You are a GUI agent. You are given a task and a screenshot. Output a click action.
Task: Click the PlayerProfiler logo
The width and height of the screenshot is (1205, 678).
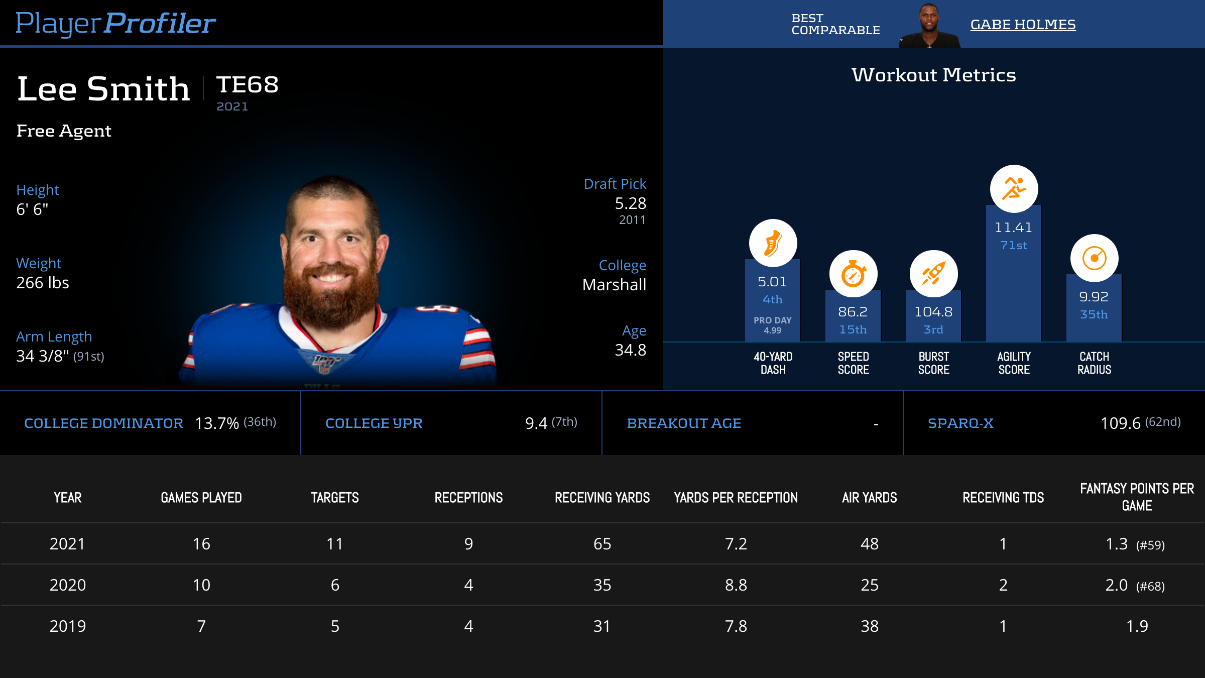[115, 23]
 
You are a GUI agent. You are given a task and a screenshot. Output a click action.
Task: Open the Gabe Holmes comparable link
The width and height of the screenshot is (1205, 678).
[1023, 24]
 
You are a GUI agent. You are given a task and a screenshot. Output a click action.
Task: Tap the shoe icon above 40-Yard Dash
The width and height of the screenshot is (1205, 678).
[773, 243]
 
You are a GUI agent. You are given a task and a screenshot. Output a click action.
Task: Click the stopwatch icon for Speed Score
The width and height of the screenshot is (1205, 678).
[853, 274]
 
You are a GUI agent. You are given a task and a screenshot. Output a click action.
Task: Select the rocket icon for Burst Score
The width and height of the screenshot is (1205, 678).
[933, 274]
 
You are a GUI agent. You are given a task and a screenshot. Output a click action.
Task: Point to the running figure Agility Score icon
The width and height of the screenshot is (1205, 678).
[1014, 189]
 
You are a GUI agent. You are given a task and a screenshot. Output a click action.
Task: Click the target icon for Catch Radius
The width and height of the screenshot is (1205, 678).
[1094, 258]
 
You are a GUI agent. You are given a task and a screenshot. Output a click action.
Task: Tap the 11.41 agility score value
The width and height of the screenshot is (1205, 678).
[1013, 228]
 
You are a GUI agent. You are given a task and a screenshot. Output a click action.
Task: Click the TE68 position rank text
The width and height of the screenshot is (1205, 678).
[247, 84]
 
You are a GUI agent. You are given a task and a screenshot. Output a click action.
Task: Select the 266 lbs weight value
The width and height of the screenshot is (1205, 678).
[43, 283]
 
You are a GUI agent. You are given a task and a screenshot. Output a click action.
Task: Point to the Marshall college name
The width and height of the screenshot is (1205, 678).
[614, 285]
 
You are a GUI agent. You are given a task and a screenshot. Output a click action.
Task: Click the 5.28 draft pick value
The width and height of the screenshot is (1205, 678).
[630, 203]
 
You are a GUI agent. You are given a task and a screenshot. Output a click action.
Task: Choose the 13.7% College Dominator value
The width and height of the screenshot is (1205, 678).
[216, 423]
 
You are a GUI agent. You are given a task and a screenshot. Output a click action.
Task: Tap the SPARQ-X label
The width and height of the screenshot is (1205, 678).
[960, 423]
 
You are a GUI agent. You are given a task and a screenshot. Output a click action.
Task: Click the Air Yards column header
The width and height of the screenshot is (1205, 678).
[869, 498]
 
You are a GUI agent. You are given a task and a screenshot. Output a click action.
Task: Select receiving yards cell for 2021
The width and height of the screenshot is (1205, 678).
[602, 544]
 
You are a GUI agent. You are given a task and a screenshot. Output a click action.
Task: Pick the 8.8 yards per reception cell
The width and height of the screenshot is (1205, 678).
[736, 585]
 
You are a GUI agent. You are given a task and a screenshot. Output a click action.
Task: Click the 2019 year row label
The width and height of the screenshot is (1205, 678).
[68, 626]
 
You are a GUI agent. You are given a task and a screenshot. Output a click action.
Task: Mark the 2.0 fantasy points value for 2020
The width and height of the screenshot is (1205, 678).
[1117, 585]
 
